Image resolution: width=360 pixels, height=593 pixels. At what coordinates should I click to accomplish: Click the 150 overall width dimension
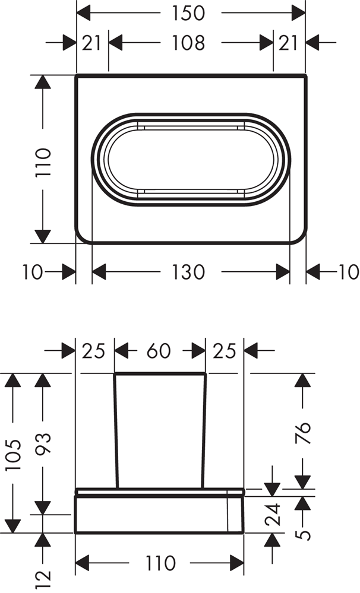pos(188,13)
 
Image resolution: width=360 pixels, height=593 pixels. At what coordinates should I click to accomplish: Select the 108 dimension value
pos(188,42)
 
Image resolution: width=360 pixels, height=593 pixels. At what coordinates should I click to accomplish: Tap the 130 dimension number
pos(188,272)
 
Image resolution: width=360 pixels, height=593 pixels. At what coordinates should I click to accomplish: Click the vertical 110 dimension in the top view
pos(42,163)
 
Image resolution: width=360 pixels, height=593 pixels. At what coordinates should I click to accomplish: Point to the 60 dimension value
pos(159,351)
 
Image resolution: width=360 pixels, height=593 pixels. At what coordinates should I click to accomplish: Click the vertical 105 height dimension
pos(13,455)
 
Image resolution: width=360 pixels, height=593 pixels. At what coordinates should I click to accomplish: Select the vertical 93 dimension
pos(43,443)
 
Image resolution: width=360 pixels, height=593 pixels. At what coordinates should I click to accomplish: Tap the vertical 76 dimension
pos(303,433)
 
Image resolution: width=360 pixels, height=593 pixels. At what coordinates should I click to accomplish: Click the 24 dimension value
pos(273,514)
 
